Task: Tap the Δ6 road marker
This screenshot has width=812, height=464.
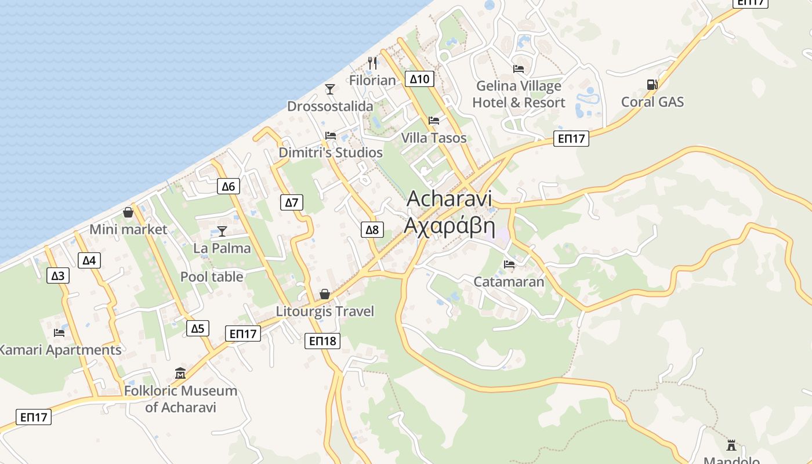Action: (229, 186)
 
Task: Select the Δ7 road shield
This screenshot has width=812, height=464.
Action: (292, 202)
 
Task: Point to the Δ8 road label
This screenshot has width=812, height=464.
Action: (372, 230)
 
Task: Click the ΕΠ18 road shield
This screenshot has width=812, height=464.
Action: (322, 341)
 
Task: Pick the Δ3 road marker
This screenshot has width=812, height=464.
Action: (58, 275)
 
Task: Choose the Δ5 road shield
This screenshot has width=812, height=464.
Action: (198, 329)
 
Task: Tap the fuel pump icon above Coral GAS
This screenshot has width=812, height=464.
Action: (652, 85)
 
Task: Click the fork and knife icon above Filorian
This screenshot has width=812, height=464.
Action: (372, 63)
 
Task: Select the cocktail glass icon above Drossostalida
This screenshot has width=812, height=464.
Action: (330, 89)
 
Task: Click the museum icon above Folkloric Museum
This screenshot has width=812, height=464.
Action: (180, 373)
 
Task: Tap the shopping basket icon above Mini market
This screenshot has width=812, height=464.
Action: (128, 212)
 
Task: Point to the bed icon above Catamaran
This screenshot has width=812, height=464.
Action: (509, 264)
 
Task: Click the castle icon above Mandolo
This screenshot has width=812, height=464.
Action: (731, 445)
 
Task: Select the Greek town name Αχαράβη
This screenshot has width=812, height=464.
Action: (449, 226)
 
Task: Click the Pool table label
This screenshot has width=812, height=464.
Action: (212, 277)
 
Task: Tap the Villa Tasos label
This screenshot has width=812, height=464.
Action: (434, 138)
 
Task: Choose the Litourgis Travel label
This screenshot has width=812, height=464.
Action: (325, 311)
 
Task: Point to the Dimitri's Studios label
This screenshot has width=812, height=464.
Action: (331, 153)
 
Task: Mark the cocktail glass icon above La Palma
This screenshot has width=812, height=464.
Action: (222, 231)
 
